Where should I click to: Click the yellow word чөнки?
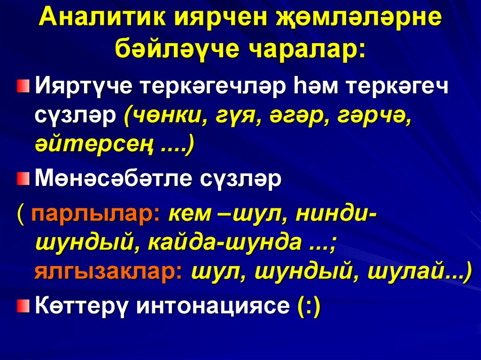tap(165, 116)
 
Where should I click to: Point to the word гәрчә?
tap(375, 116)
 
